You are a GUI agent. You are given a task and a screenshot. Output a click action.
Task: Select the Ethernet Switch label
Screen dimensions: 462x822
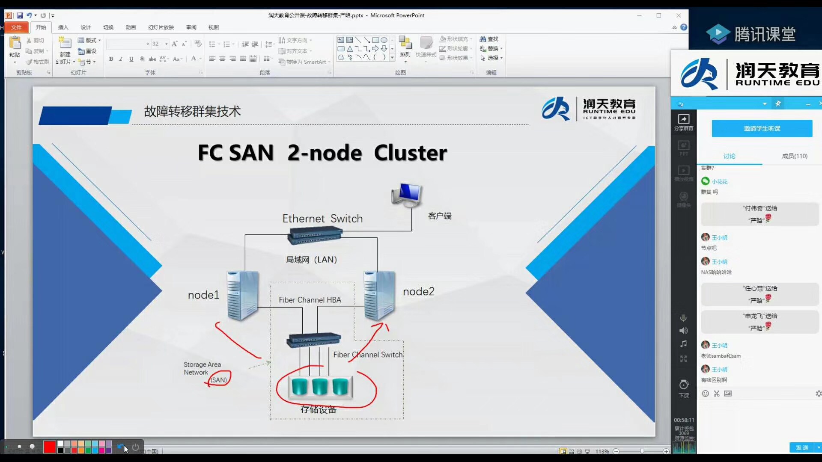(x=322, y=219)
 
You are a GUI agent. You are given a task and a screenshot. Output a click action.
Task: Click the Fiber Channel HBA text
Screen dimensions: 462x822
(x=310, y=300)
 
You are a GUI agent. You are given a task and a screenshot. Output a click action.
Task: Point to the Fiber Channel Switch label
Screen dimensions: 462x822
(x=368, y=355)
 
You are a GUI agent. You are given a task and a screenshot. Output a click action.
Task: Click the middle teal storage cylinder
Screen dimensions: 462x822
(x=320, y=386)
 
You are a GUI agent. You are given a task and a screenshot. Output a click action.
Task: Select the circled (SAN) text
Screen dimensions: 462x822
(x=219, y=379)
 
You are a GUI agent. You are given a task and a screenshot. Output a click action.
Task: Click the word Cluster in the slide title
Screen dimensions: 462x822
(x=410, y=153)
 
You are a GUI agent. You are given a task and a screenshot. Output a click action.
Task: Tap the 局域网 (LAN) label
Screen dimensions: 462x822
(x=311, y=260)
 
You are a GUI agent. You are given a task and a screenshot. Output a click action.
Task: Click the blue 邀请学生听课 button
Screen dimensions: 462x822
(x=762, y=128)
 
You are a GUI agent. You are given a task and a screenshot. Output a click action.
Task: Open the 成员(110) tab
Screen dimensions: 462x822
(x=794, y=156)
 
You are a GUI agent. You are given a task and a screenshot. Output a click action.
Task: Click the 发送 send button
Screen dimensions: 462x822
(x=802, y=447)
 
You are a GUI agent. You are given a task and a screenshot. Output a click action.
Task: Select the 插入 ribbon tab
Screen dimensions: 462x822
(x=63, y=27)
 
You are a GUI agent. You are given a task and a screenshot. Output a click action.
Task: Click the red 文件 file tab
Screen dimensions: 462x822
(x=16, y=27)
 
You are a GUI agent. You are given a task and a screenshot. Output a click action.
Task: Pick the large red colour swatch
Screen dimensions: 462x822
(x=50, y=447)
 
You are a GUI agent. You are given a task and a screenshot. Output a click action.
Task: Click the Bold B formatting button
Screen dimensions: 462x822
(x=111, y=59)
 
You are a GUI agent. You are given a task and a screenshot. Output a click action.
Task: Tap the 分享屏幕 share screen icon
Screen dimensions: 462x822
(x=684, y=122)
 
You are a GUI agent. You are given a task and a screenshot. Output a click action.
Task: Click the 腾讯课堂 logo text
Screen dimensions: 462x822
(x=765, y=34)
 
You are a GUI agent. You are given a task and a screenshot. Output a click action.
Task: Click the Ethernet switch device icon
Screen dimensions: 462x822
(x=316, y=235)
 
